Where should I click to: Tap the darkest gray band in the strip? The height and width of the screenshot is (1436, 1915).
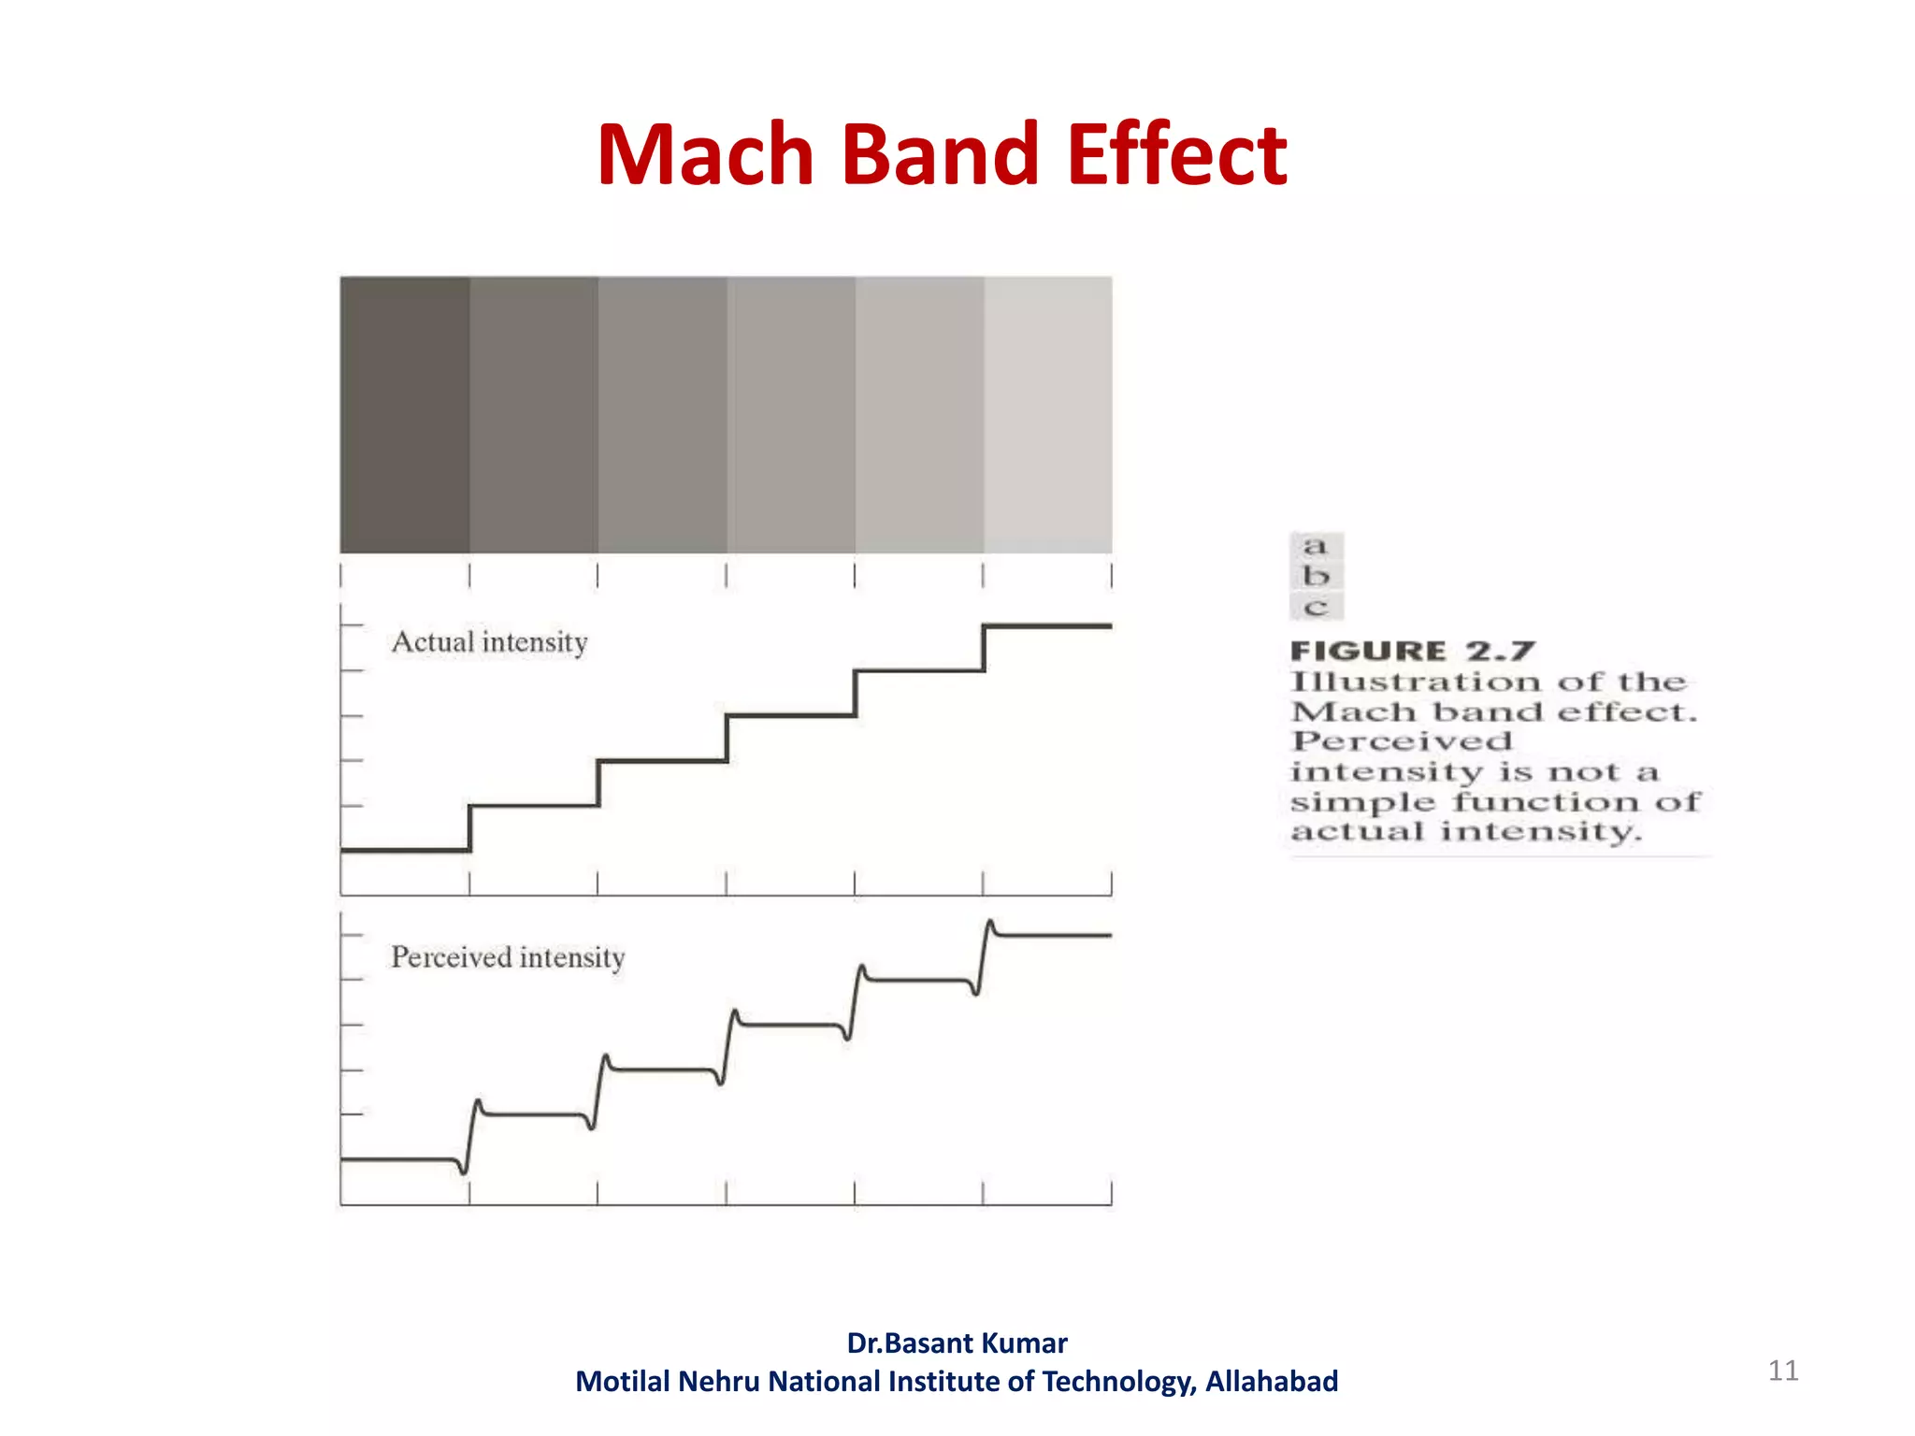point(405,414)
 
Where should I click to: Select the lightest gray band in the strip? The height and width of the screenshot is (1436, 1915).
point(1048,414)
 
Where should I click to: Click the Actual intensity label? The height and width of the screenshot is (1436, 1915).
point(489,642)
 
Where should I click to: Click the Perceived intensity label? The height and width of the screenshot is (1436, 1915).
point(508,957)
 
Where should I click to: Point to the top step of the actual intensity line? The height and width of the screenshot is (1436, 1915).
point(1048,625)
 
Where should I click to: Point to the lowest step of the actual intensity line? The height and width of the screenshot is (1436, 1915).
point(405,850)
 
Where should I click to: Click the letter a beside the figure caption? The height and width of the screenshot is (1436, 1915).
point(1316,545)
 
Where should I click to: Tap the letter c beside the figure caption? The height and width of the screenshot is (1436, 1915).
point(1316,608)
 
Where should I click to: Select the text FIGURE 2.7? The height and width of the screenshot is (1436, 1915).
point(1412,651)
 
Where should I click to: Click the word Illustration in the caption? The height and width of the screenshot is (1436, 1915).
point(1415,682)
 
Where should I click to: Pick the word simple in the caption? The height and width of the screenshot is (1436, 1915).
point(1362,802)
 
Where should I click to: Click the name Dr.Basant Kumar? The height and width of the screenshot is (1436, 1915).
point(957,1343)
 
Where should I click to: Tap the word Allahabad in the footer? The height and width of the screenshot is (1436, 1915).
point(1272,1381)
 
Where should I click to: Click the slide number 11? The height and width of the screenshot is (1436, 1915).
point(1783,1371)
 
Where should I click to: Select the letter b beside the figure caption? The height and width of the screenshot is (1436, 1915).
point(1316,576)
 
